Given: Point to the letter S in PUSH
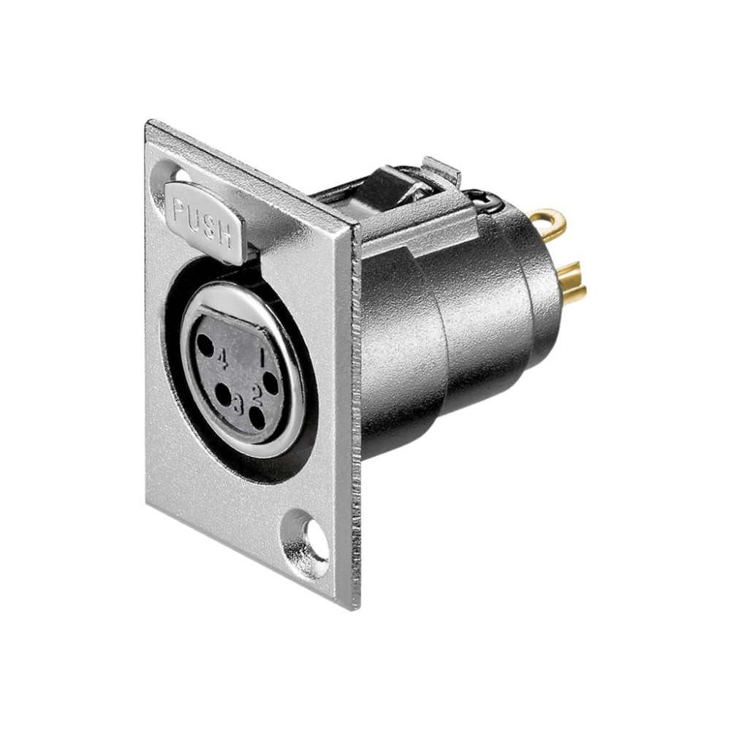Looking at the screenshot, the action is click(x=209, y=227).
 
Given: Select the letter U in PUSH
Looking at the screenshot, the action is click(x=194, y=218).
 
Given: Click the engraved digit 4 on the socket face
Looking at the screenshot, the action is click(x=223, y=360).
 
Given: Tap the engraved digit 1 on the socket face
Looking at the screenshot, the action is click(x=262, y=358).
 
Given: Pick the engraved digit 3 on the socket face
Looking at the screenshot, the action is click(x=238, y=404).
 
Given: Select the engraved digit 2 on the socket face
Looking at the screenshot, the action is click(x=257, y=395).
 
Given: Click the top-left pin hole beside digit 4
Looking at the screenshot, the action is click(x=205, y=346).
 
